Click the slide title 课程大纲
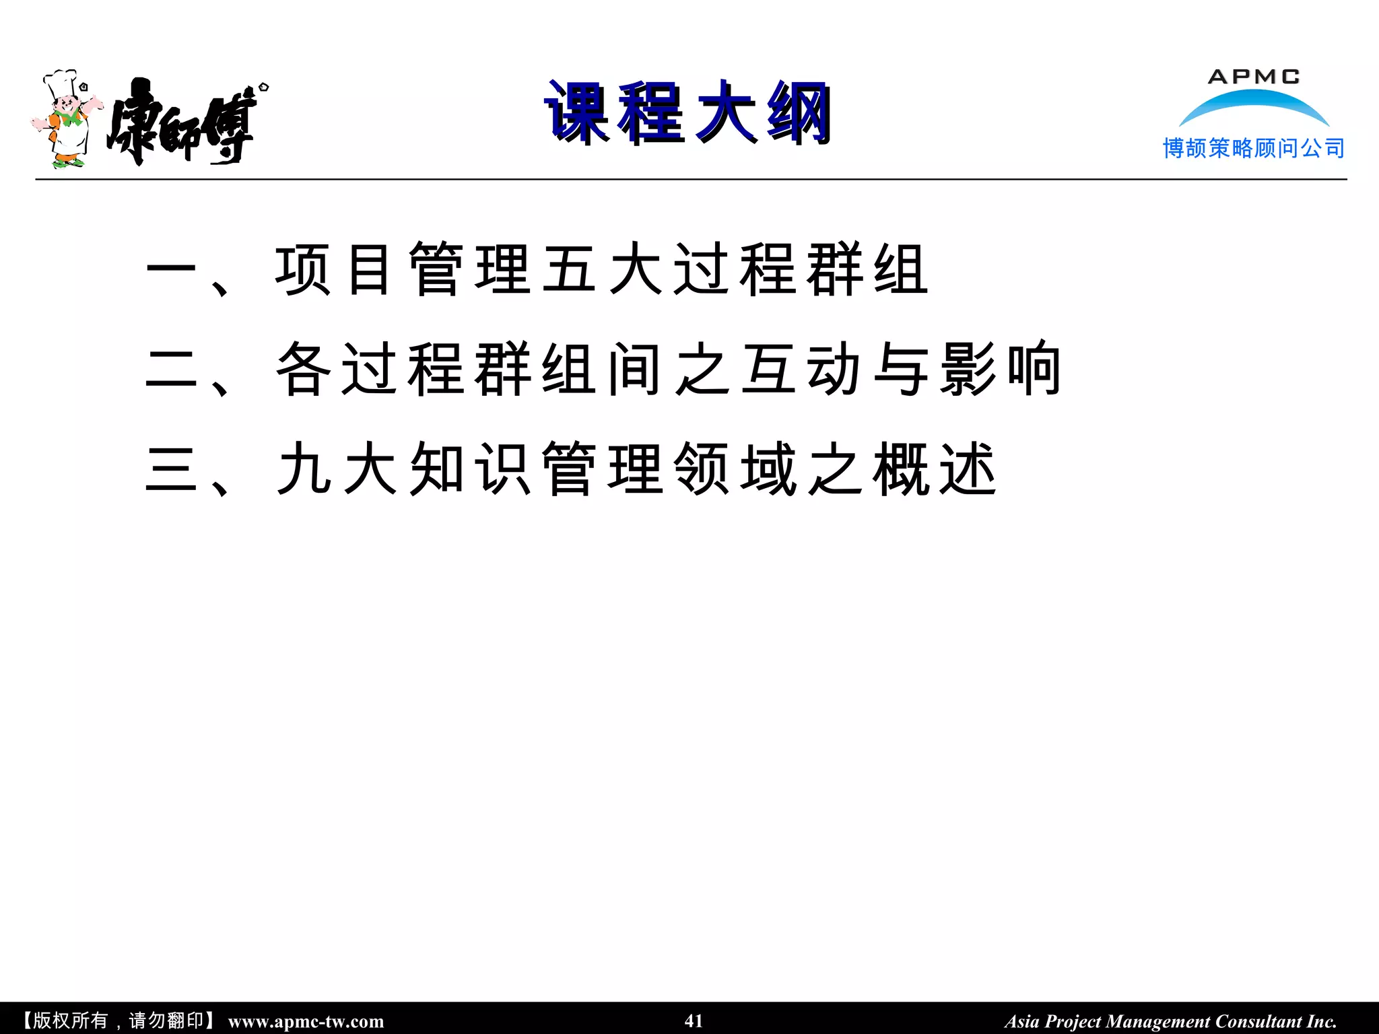click(688, 113)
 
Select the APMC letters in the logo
click(1253, 77)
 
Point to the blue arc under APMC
click(1254, 105)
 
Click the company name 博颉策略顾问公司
click(1253, 148)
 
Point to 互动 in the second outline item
click(801, 370)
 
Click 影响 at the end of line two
click(1001, 370)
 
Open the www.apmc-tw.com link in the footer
click(306, 1021)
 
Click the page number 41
click(694, 1021)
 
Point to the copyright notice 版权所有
click(70, 1021)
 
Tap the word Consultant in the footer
click(1258, 1021)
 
